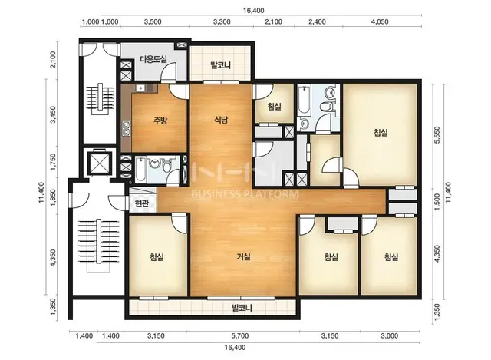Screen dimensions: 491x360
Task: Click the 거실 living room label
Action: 243,257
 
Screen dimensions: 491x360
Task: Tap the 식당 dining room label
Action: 221,120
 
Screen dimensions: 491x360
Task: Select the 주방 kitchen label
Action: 160,121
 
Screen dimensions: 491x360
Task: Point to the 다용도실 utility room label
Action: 153,59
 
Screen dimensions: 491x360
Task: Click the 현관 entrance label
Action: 141,204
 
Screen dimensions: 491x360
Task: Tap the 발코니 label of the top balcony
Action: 220,65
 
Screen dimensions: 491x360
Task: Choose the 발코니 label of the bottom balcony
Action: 242,308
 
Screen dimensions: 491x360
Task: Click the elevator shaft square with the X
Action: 100,163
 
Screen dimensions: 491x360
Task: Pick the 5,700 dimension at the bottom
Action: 240,336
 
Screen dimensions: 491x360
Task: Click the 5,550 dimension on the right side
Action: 437,135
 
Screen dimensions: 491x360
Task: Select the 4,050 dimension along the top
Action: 380,22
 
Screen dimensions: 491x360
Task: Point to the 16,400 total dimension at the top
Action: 253,10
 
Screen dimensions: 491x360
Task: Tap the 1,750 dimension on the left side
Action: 54,162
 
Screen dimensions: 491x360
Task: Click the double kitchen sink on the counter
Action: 126,129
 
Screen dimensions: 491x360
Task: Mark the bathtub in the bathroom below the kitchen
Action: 140,170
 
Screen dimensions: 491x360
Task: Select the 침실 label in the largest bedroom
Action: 381,133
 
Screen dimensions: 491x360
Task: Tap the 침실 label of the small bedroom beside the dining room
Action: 275,107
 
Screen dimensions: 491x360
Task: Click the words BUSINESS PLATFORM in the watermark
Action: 245,194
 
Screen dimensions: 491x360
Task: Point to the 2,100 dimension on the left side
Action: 54,60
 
